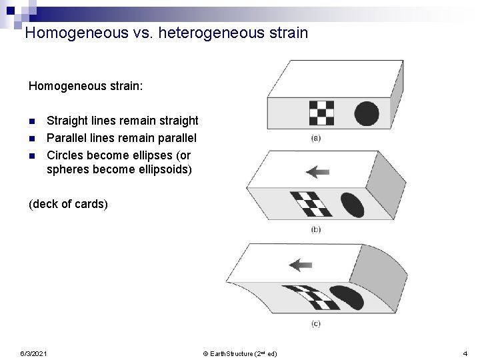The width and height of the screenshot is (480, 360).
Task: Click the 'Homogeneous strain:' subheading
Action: coord(85,86)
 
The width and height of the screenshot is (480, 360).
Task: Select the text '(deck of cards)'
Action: coord(68,204)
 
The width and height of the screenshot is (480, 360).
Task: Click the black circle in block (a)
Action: coord(366,113)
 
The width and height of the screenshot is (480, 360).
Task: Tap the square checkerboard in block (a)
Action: coord(321,113)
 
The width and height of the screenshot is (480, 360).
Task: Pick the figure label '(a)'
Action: coord(316,139)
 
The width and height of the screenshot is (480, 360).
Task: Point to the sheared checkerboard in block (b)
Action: coord(311,204)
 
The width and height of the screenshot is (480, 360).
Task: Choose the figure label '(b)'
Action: coord(316,229)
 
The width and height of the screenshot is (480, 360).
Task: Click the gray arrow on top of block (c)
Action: coord(301,265)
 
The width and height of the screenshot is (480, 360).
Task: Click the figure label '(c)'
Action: coord(316,323)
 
